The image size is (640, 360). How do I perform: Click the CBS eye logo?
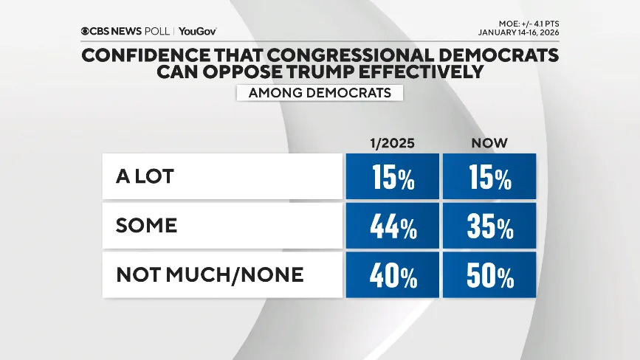(x=86, y=32)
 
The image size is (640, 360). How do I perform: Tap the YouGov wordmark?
(x=198, y=32)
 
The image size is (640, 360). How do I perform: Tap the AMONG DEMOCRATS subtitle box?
(x=319, y=93)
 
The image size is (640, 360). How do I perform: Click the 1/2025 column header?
(x=391, y=142)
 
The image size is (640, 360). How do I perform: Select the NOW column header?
(x=489, y=142)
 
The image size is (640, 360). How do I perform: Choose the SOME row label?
(x=146, y=225)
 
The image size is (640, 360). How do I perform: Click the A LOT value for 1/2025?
(x=391, y=177)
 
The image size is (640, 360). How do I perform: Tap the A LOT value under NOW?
(x=489, y=177)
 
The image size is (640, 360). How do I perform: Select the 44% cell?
(x=391, y=226)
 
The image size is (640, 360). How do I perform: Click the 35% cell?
(x=489, y=226)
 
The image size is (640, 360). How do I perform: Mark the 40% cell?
(x=391, y=275)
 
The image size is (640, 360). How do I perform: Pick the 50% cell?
(x=489, y=275)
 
